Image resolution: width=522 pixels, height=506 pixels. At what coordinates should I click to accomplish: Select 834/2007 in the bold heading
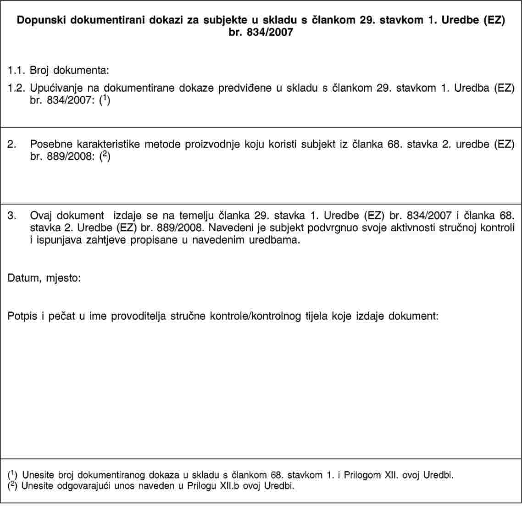(270, 32)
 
